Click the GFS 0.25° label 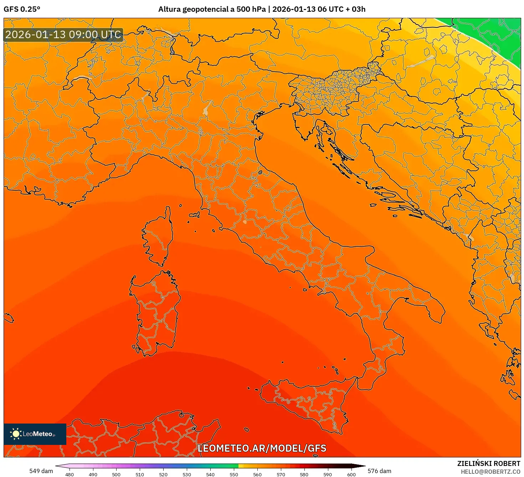click(x=22, y=9)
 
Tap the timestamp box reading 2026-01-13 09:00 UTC click(x=63, y=35)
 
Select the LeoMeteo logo click(x=35, y=434)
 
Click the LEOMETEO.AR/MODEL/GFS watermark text click(x=262, y=448)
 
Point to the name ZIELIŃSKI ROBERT click(x=489, y=463)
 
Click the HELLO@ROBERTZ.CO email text click(x=490, y=472)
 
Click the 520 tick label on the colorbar click(x=163, y=475)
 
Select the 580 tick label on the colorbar click(x=304, y=475)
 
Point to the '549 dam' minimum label click(x=41, y=471)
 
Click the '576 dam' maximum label click(x=379, y=471)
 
